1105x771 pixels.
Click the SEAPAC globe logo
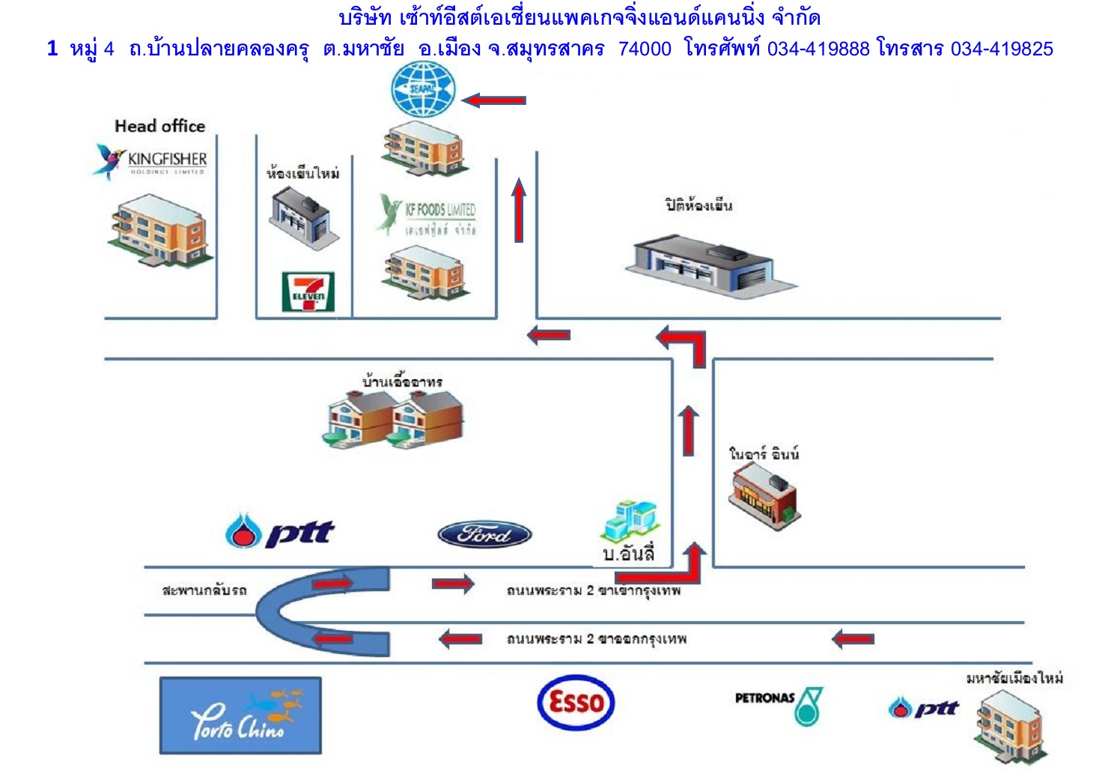tap(424, 89)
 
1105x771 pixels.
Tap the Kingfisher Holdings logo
tap(152, 160)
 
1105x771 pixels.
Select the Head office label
tap(159, 126)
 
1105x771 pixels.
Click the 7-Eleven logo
tap(308, 291)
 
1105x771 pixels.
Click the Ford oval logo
tap(484, 534)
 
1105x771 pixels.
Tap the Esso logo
tap(576, 702)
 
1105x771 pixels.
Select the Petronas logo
tap(779, 704)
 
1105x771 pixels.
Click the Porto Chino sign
tap(240, 716)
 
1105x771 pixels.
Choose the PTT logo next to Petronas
tap(924, 707)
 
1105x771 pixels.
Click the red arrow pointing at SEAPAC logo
tap(493, 100)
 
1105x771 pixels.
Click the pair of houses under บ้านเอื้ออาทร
tap(395, 420)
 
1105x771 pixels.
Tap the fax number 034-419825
tap(1002, 49)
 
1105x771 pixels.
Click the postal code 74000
tap(645, 49)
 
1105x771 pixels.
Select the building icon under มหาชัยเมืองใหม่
tap(1010, 725)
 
